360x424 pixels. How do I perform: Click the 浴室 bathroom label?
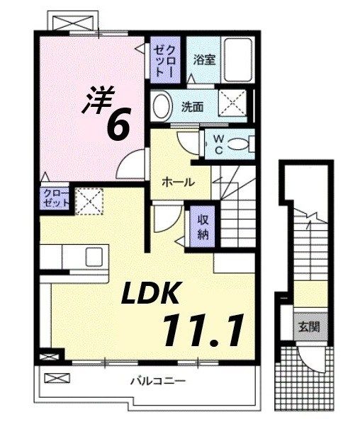coord(206,60)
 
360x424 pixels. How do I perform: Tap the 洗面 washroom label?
coord(192,108)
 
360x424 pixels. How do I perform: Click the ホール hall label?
coord(179,181)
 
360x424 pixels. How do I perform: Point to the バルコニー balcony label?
coord(157,382)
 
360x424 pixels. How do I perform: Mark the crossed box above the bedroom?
coord(72,23)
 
